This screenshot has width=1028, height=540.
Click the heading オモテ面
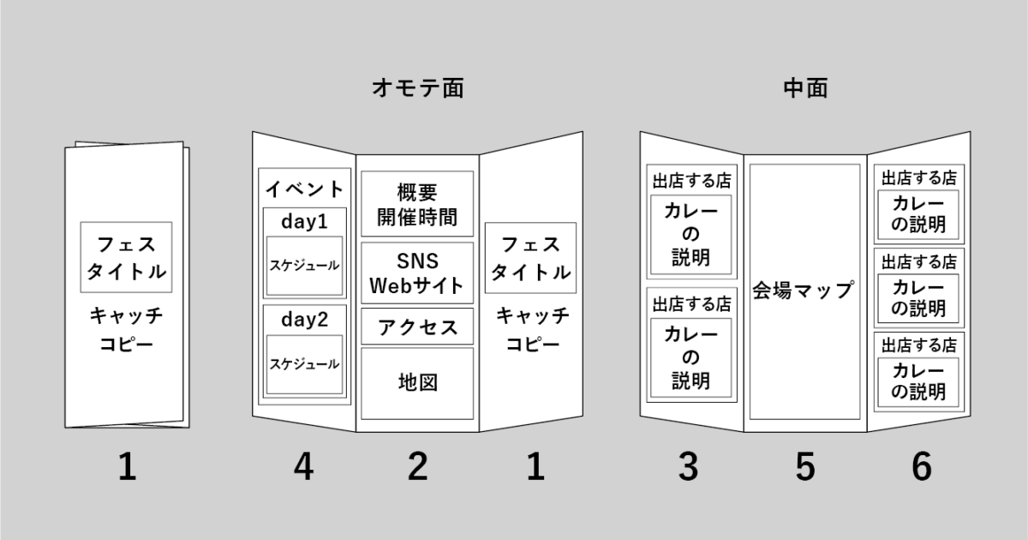tap(417, 87)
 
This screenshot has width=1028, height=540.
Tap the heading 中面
tap(805, 87)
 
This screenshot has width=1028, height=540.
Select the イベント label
tap(305, 189)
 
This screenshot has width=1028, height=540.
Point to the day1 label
tap(304, 220)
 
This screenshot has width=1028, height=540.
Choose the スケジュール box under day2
tap(304, 364)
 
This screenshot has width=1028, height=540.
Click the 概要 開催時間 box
tap(416, 204)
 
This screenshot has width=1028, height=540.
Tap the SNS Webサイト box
tap(416, 273)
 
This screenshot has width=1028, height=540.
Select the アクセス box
tap(416, 327)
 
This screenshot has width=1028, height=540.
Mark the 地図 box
tap(416, 382)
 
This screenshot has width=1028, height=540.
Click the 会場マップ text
tap(804, 290)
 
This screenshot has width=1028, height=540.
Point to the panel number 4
tap(303, 467)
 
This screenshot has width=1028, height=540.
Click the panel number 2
tap(417, 467)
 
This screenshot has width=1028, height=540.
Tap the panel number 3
tap(689, 467)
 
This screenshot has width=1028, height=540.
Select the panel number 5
tap(804, 467)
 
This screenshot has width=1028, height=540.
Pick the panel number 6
tap(920, 467)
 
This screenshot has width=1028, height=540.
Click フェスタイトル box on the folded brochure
tap(126, 257)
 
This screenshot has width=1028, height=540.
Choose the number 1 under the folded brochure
tap(127, 467)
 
